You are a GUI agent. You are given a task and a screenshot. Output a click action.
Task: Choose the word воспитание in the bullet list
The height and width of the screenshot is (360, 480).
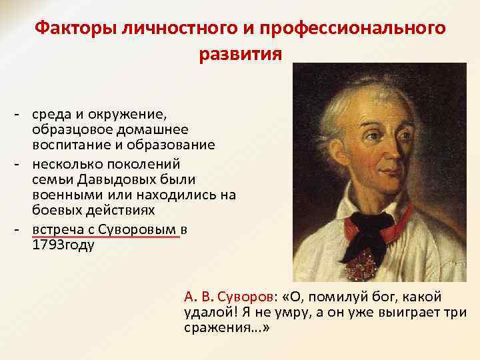(x=65, y=145)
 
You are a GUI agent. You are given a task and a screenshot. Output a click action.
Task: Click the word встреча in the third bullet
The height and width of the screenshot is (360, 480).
(x=56, y=229)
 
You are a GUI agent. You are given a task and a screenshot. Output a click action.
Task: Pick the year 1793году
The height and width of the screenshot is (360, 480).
(x=63, y=245)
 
